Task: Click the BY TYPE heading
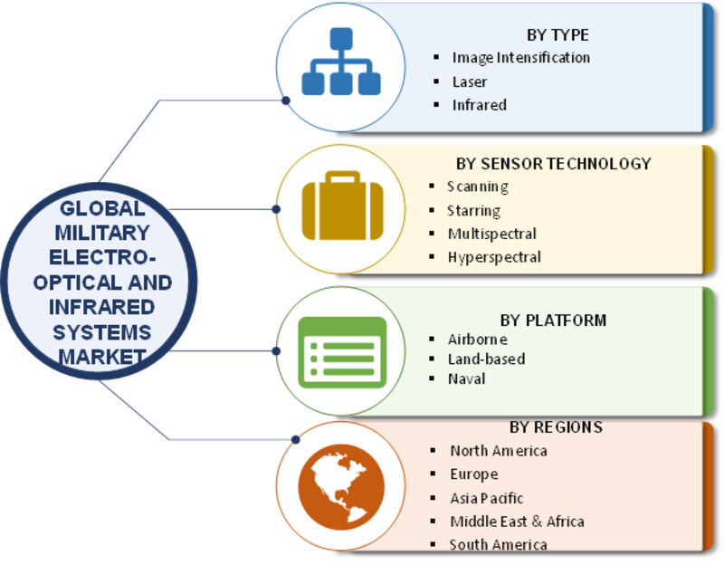557,35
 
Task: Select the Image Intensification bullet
520,58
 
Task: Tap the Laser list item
470,81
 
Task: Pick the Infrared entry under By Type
479,105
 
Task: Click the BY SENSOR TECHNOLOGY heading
554,164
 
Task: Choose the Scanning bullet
477,187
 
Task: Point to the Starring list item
473,210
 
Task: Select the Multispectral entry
491,234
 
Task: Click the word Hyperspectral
494,257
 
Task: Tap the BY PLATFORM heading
553,320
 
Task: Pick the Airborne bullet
477,340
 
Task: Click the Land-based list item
486,359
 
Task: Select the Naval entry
466,378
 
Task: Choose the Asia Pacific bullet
487,498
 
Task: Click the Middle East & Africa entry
517,522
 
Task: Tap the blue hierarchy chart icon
340,62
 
